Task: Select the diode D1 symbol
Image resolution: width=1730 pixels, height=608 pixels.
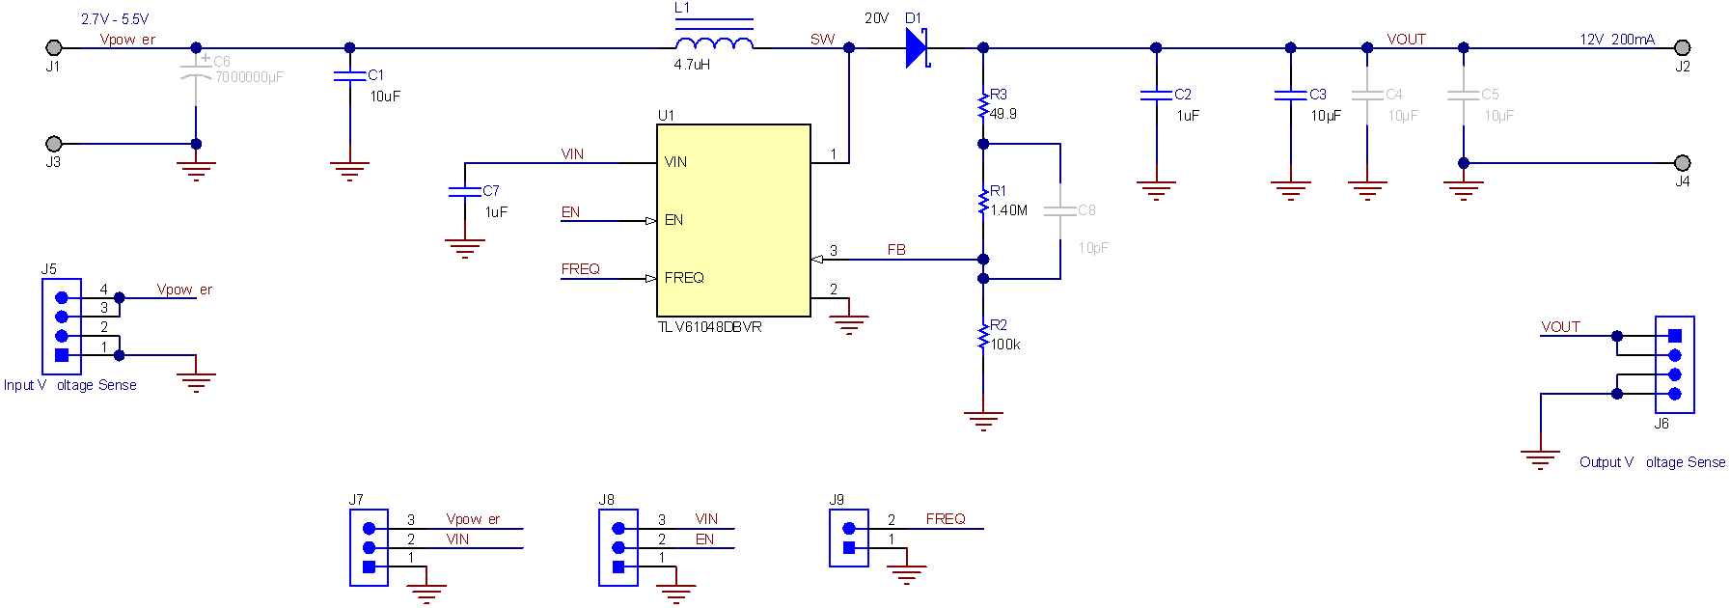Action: click(917, 47)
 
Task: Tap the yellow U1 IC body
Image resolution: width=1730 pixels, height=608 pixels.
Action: click(733, 220)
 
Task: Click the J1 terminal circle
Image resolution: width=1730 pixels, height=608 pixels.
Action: click(54, 47)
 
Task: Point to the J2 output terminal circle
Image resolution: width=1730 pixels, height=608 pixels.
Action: click(1682, 47)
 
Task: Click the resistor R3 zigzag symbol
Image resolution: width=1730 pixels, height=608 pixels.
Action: click(983, 105)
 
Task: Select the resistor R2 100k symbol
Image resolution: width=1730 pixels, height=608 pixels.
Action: click(983, 336)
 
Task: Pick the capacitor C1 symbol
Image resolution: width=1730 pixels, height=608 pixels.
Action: click(349, 76)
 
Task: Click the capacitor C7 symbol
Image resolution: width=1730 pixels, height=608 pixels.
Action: click(465, 191)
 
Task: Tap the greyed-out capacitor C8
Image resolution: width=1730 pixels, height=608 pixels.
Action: click(1060, 210)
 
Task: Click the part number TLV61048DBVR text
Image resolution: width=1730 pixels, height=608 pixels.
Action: click(710, 327)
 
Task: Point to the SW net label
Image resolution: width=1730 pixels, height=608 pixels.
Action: click(822, 39)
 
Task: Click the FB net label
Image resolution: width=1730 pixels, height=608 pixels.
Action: click(896, 250)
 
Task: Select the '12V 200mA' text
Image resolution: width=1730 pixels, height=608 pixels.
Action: click(1617, 39)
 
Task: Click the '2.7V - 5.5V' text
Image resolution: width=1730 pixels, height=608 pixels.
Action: click(115, 19)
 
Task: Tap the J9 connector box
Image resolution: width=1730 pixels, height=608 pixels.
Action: click(849, 538)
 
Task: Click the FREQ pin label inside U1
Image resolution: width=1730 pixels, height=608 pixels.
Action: click(684, 278)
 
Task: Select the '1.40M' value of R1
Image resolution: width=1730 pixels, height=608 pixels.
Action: click(1009, 210)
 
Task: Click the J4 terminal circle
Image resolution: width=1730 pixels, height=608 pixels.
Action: click(1682, 163)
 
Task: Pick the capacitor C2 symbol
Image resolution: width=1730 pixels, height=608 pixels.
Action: click(1156, 95)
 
